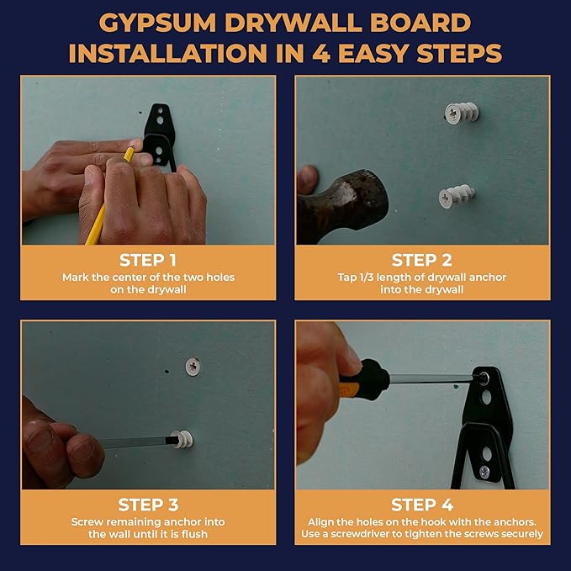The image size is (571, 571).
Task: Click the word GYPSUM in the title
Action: (157, 23)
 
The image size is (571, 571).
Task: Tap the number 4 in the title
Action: (321, 53)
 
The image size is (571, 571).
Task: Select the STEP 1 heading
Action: (148, 260)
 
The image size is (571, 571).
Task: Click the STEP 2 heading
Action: (422, 260)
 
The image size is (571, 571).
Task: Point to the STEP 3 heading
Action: (148, 505)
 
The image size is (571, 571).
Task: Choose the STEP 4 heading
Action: (422, 505)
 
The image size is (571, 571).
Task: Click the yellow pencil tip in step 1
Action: (132, 148)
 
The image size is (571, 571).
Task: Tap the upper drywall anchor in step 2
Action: (461, 113)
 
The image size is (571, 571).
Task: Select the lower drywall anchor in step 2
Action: (457, 196)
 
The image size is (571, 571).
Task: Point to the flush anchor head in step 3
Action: (193, 367)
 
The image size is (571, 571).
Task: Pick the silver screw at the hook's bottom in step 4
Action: (484, 472)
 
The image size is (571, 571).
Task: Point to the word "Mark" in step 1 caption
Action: (76, 278)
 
